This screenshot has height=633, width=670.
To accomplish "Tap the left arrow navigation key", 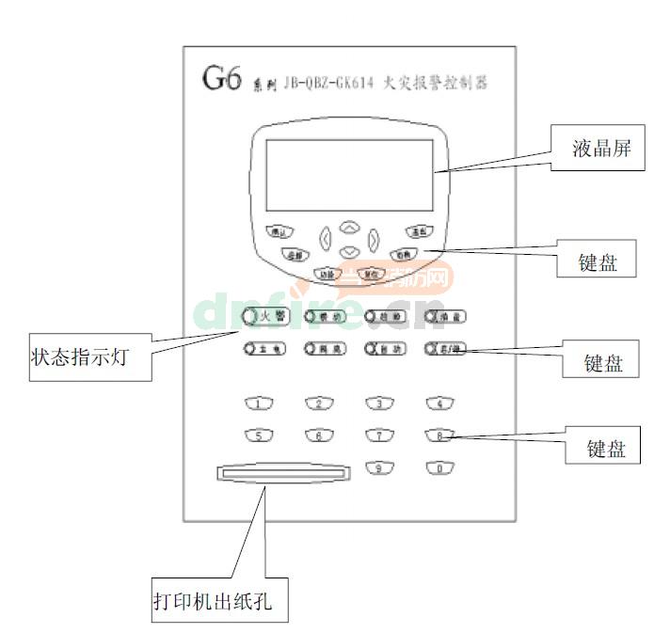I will point(326,239).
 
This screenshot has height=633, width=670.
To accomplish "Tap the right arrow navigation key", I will point(374,239).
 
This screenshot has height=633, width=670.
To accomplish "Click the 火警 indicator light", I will point(249,316).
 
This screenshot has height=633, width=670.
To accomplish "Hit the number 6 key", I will point(318,435).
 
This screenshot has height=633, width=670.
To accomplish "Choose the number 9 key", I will point(378,467).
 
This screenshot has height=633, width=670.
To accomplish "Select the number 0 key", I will point(439,467).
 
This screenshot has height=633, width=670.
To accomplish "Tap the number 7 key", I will point(378,435).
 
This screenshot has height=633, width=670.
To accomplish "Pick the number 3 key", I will point(378,404).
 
